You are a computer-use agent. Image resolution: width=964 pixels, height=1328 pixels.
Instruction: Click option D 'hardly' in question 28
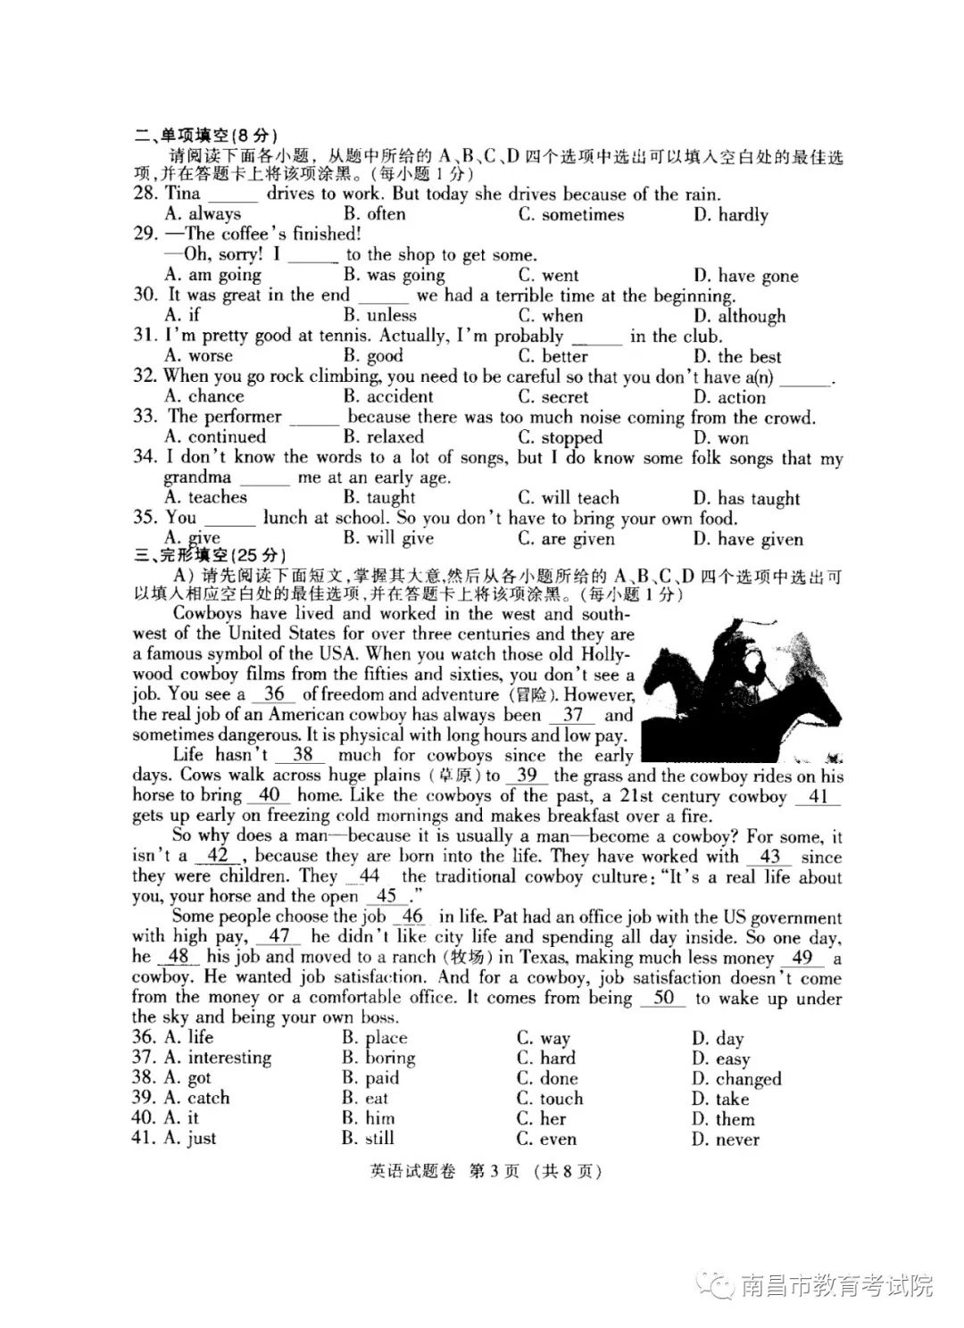[x=731, y=215]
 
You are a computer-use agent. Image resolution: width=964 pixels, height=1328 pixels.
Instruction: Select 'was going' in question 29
[x=395, y=276]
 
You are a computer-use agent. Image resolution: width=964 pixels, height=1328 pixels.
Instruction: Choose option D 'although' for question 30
[x=739, y=316]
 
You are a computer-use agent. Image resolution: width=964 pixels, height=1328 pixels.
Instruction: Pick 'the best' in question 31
[x=736, y=356]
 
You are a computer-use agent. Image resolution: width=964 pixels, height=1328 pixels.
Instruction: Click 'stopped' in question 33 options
[x=560, y=437]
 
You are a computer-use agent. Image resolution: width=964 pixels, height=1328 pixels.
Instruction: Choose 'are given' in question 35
[x=566, y=539]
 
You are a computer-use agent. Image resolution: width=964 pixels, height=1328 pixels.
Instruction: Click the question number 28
[x=145, y=194]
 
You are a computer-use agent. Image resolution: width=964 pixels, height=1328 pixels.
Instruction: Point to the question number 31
[x=145, y=336]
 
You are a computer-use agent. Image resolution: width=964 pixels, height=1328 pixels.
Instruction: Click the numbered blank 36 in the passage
[x=274, y=694]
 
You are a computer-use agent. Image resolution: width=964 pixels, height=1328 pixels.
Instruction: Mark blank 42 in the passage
[x=217, y=856]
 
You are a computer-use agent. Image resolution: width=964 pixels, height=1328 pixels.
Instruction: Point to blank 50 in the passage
[x=663, y=998]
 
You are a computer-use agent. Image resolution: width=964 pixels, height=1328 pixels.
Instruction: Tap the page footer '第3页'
[x=494, y=1172]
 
